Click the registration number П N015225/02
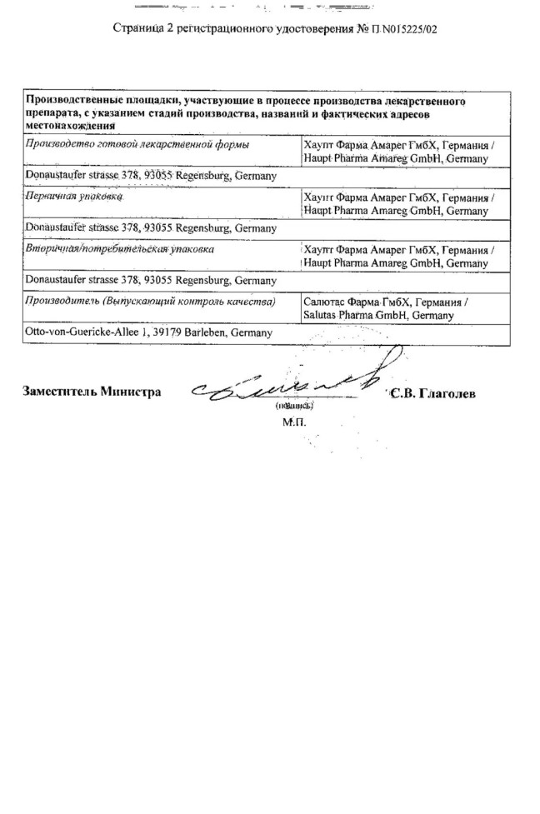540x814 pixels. [405, 29]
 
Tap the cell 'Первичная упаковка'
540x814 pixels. [75, 197]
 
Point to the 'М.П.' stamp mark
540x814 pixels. [294, 422]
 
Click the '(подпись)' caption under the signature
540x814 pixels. [293, 407]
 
